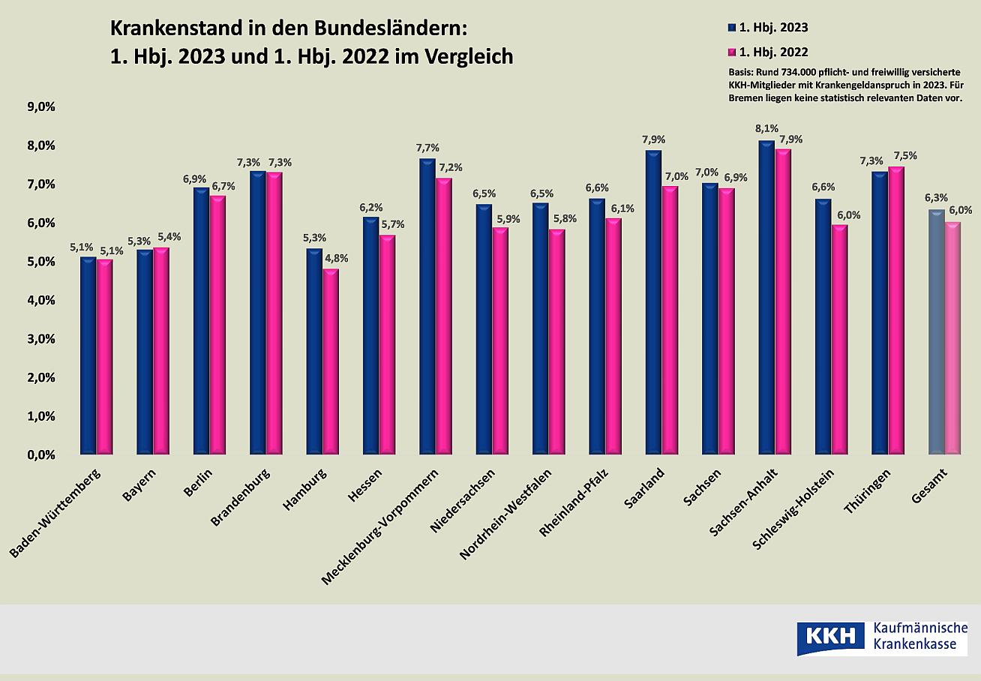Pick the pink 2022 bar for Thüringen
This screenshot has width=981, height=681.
point(896,310)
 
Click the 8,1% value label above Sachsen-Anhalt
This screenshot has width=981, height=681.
point(768,128)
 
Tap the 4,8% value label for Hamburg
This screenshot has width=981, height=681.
point(335,258)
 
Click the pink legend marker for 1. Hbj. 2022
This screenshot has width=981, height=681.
point(733,52)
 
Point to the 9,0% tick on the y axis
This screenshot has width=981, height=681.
point(41,106)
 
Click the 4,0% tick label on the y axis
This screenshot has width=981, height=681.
point(41,300)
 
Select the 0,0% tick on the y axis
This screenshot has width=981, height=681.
point(41,454)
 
